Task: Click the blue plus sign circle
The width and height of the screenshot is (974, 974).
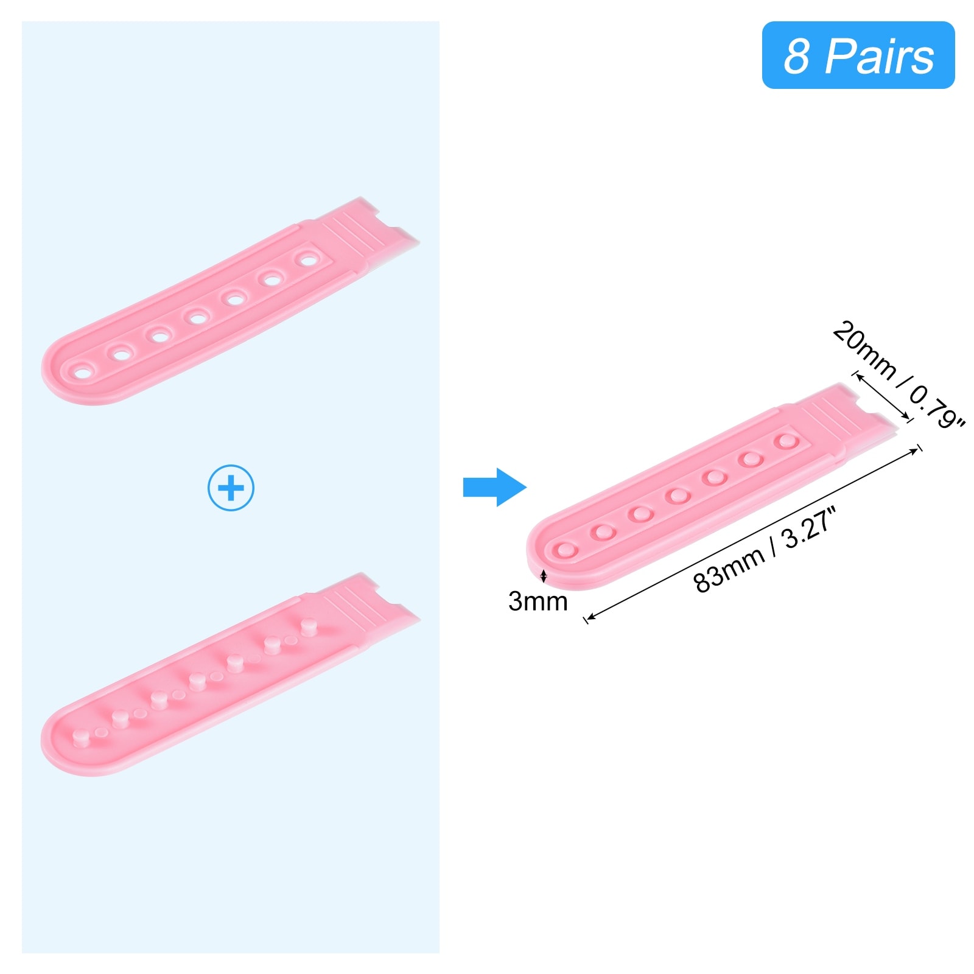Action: pyautogui.click(x=231, y=488)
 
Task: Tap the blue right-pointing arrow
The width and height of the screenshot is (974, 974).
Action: pyautogui.click(x=494, y=487)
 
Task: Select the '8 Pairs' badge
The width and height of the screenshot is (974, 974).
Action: pyautogui.click(x=858, y=55)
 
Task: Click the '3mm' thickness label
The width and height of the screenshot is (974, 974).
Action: pyautogui.click(x=538, y=601)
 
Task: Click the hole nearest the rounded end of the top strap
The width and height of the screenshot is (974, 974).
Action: pyautogui.click(x=82, y=370)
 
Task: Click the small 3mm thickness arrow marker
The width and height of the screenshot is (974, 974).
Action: pyautogui.click(x=544, y=575)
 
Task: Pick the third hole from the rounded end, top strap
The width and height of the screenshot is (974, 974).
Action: pyautogui.click(x=159, y=334)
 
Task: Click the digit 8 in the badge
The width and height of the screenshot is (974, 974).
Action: pyautogui.click(x=796, y=56)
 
